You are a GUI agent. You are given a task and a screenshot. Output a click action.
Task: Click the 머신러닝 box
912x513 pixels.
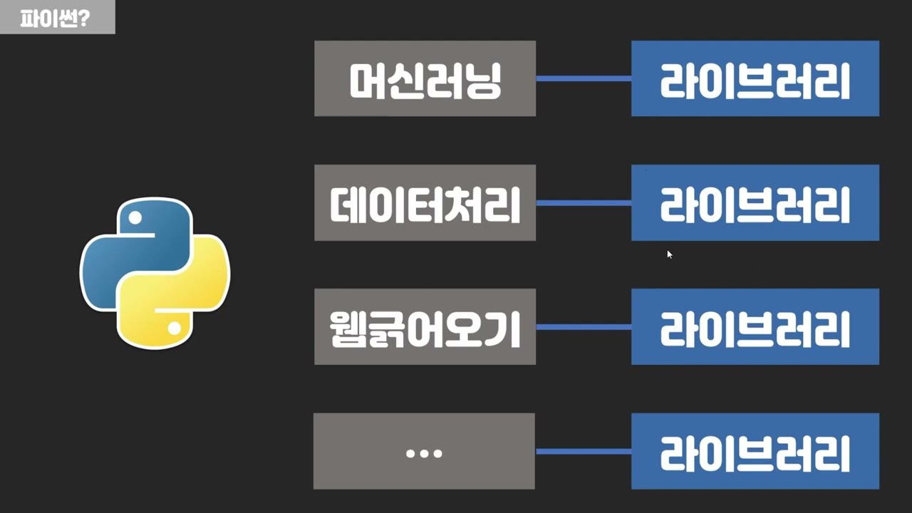[x=425, y=78]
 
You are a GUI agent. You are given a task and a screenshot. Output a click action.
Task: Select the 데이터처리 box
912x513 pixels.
[x=425, y=203]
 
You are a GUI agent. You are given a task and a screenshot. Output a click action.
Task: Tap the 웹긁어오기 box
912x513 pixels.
[x=425, y=327]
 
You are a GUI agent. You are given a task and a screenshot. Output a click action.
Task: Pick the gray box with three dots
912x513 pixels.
[x=424, y=451]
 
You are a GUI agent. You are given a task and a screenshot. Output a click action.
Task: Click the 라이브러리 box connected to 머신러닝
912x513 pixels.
[x=755, y=78]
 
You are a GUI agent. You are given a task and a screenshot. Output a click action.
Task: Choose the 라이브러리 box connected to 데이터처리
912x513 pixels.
[x=755, y=203]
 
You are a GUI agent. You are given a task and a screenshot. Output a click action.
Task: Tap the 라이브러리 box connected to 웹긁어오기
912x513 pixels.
[x=755, y=327]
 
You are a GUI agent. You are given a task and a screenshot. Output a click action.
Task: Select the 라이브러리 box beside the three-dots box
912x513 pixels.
[x=755, y=451]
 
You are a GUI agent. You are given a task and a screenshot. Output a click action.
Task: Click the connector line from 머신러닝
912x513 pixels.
[x=584, y=78]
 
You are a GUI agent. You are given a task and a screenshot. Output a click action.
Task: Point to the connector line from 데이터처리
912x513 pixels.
[x=584, y=203]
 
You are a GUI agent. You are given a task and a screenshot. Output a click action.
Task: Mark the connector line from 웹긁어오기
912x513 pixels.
[x=584, y=327]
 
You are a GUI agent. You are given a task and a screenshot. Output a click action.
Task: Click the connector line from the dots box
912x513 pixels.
[x=584, y=451]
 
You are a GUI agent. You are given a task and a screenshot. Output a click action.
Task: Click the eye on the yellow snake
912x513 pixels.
[x=174, y=328]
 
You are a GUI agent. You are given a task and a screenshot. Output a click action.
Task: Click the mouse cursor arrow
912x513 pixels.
[x=669, y=254]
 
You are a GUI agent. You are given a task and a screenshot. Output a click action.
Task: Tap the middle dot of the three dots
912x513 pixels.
[x=424, y=452]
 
